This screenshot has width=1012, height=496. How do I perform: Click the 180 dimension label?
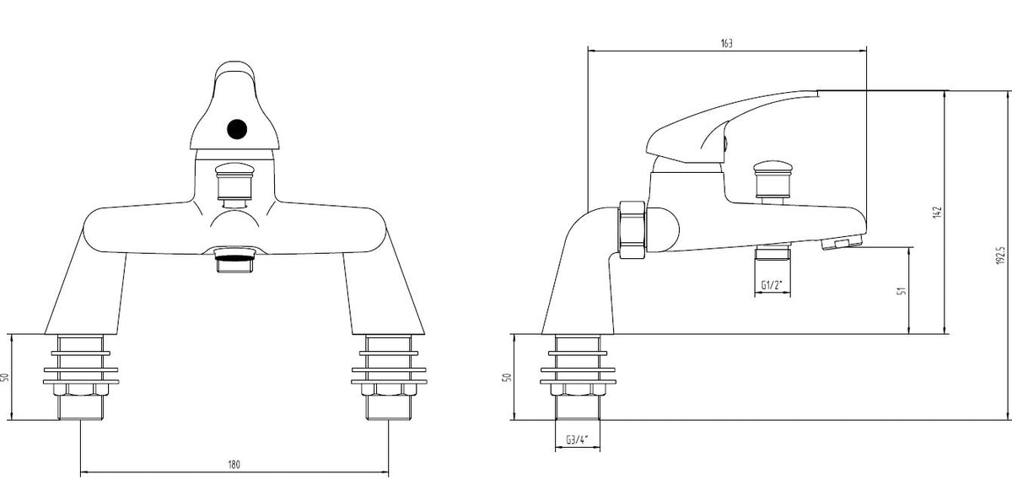click(234, 465)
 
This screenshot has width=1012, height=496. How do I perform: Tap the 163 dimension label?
click(726, 43)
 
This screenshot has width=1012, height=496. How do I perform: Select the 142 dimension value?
click(937, 213)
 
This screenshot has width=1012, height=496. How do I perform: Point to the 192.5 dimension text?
click(1001, 256)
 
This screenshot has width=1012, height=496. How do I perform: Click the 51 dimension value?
click(902, 290)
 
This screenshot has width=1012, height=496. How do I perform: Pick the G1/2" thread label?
click(772, 285)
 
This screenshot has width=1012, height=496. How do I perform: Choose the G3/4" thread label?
click(577, 439)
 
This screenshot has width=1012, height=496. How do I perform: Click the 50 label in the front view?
click(5, 377)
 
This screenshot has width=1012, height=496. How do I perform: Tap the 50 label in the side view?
click(508, 377)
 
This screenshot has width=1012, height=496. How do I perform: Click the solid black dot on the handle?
click(237, 129)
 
